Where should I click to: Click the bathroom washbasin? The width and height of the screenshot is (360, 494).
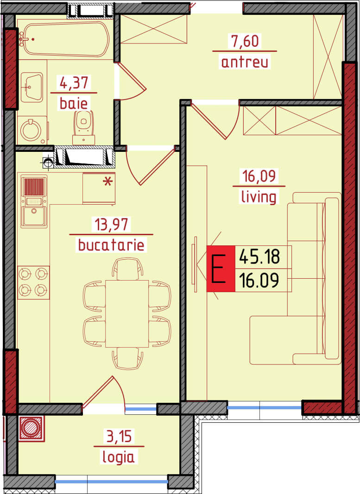[32, 87]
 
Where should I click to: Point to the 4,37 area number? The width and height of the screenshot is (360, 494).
[74, 83]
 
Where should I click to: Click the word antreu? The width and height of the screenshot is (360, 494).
[245, 62]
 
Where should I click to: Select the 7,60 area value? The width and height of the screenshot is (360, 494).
[245, 41]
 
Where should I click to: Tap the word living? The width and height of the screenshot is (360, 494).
[259, 197]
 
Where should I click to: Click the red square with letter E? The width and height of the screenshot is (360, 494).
[221, 269]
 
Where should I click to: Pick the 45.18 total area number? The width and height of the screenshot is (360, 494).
[259, 256]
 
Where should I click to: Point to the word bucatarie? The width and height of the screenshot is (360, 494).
[111, 245]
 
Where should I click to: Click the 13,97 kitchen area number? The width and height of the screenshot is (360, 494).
[111, 225]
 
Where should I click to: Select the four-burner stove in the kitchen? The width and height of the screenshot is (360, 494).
[33, 282]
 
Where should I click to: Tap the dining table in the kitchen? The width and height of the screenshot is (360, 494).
[127, 313]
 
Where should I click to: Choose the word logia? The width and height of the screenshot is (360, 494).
[119, 457]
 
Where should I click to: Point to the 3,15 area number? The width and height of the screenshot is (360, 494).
[119, 437]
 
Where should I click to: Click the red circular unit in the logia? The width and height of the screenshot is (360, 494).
[32, 428]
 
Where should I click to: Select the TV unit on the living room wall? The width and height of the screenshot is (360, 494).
[196, 264]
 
